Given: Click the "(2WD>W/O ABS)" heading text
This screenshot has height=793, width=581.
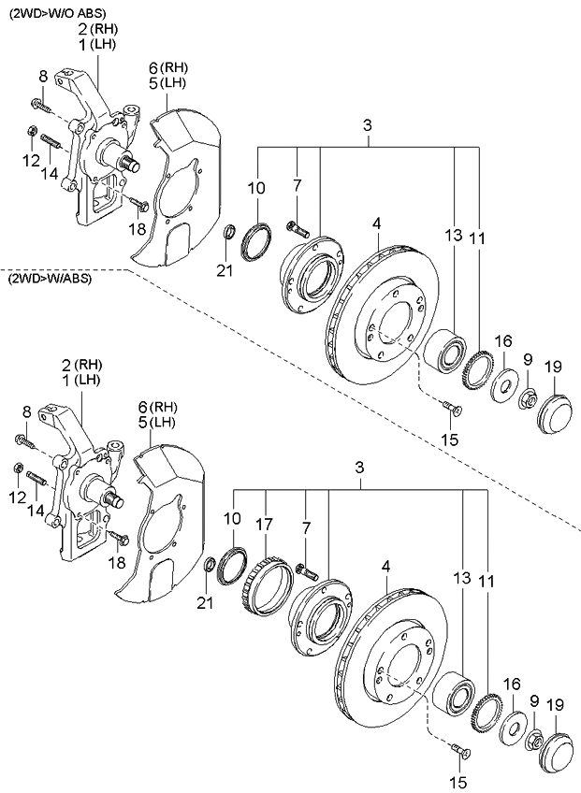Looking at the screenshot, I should (x=57, y=12).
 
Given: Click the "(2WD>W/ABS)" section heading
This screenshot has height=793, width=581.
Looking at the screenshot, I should (x=49, y=280).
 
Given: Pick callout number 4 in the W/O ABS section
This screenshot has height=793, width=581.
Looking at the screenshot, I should (x=376, y=223).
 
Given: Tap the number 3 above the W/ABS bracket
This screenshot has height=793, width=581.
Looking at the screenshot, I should (x=358, y=469).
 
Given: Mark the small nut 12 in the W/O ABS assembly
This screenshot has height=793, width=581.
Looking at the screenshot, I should (x=32, y=131).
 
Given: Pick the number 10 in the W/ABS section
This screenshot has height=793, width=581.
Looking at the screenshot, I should (x=230, y=518).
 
